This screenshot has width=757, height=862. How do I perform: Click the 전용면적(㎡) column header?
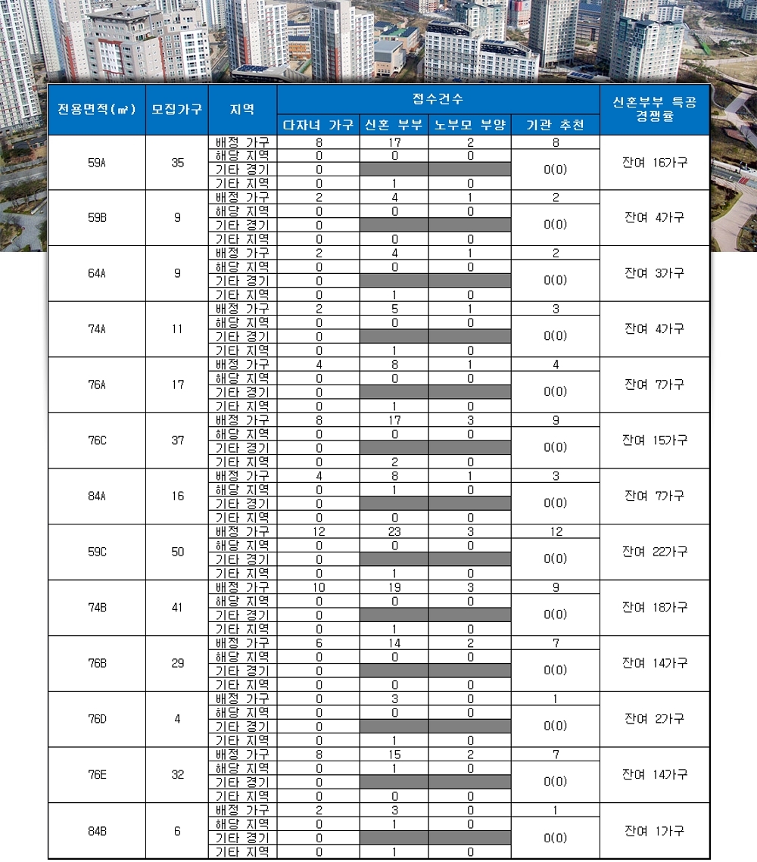coord(96,109)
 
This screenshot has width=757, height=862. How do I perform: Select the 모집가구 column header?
coord(176,109)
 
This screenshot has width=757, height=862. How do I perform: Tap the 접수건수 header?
coord(438,99)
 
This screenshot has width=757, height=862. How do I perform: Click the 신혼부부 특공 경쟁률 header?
coord(655,109)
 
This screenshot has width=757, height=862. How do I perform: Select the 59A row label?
coord(96,163)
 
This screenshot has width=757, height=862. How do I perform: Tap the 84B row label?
coord(96,831)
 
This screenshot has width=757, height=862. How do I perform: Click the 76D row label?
coord(96,719)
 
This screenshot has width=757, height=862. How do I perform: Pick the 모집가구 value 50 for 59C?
coord(177,552)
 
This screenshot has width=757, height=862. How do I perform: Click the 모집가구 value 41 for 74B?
coord(177,608)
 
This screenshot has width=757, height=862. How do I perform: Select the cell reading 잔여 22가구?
coord(655,552)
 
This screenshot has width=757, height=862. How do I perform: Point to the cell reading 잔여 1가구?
coord(655,831)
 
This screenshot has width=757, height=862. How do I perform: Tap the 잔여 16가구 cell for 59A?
coord(655,163)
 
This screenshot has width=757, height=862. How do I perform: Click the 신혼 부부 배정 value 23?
coord(394,532)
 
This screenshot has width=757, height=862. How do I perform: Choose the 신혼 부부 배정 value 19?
coord(394,587)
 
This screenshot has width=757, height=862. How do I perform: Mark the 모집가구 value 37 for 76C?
coord(177,440)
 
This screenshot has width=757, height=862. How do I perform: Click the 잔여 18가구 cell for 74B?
coord(655,608)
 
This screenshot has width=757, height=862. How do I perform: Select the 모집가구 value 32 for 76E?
coord(177,775)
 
